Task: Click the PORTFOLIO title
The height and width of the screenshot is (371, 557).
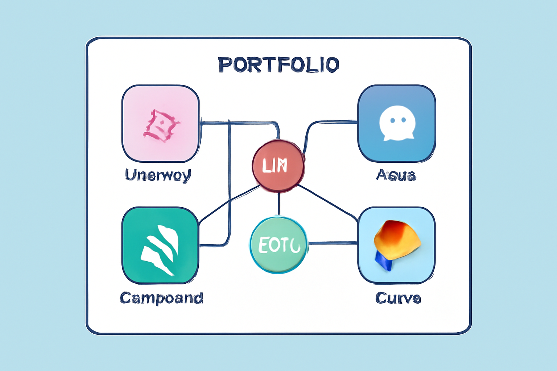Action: pyautogui.click(x=278, y=64)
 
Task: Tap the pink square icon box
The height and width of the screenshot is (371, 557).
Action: pyautogui.click(x=161, y=124)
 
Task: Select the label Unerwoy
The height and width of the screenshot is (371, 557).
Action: pyautogui.click(x=158, y=175)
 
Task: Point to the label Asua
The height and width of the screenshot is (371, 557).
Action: pyautogui.click(x=396, y=175)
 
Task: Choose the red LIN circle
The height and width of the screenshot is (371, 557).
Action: pyautogui.click(x=278, y=166)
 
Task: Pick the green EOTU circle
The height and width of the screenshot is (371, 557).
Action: pyautogui.click(x=278, y=245)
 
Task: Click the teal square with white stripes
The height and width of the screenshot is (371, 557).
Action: pyautogui.click(x=160, y=245)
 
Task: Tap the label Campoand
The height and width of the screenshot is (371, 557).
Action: pyautogui.click(x=161, y=298)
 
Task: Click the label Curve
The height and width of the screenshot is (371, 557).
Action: pyautogui.click(x=398, y=298)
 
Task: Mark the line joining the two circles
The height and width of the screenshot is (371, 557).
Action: pyautogui.click(x=278, y=204)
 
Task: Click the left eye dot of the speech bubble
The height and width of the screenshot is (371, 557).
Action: pyautogui.click(x=392, y=120)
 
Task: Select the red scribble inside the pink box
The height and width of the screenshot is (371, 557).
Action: pyautogui.click(x=161, y=125)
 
